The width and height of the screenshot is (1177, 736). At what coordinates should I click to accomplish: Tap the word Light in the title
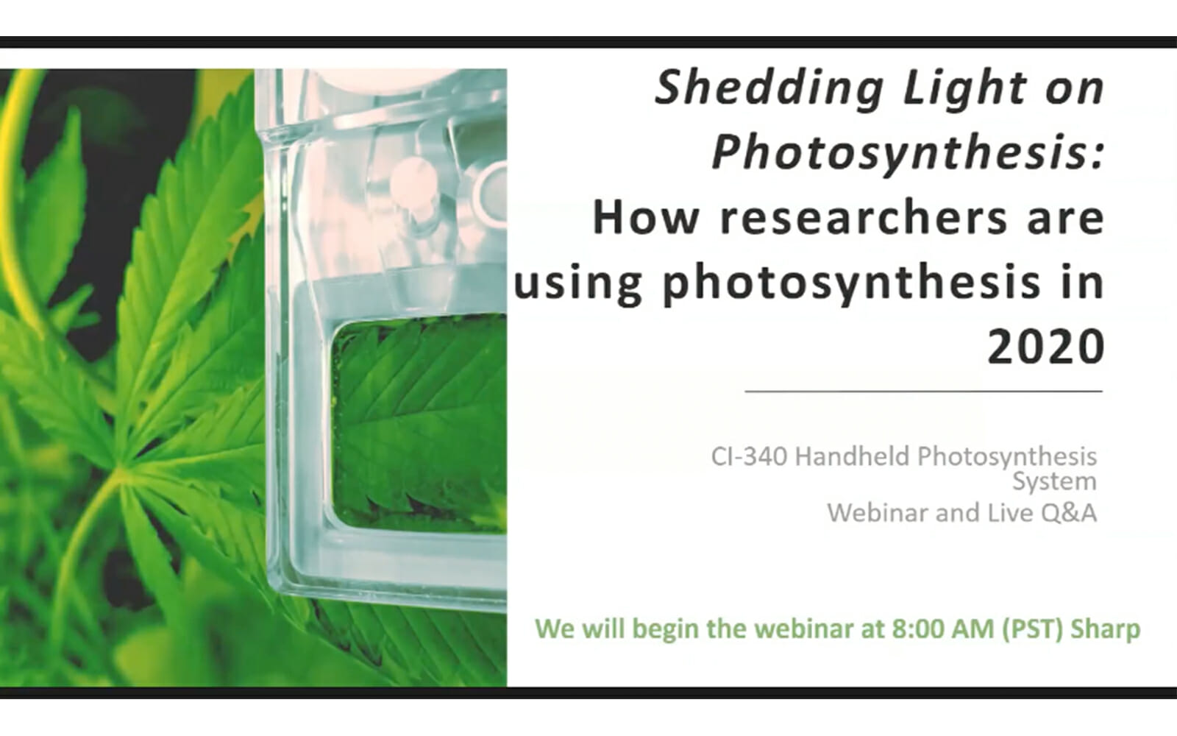[x=965, y=89]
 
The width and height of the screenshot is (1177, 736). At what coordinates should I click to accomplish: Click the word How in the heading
[x=646, y=218]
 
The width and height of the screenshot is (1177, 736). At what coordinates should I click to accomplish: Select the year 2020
[x=1046, y=347]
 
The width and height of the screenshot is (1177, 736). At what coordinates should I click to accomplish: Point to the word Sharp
[x=1106, y=629]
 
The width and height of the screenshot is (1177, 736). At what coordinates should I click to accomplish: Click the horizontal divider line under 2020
[x=923, y=391]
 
